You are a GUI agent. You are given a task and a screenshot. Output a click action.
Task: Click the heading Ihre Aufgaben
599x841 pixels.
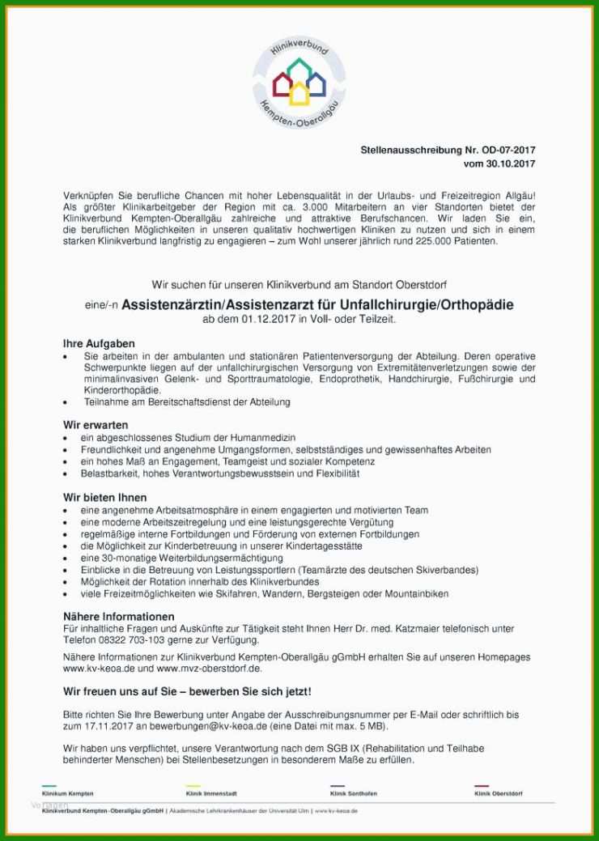pos(99,343)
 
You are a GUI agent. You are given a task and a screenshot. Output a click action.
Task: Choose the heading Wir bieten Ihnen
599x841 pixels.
pos(104,497)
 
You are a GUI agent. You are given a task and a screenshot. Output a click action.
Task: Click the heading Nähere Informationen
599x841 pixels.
pos(118,616)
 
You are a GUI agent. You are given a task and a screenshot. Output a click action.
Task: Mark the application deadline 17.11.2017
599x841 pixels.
pos(87,727)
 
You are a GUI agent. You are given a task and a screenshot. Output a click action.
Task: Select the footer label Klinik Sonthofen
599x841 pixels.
pos(355,794)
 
